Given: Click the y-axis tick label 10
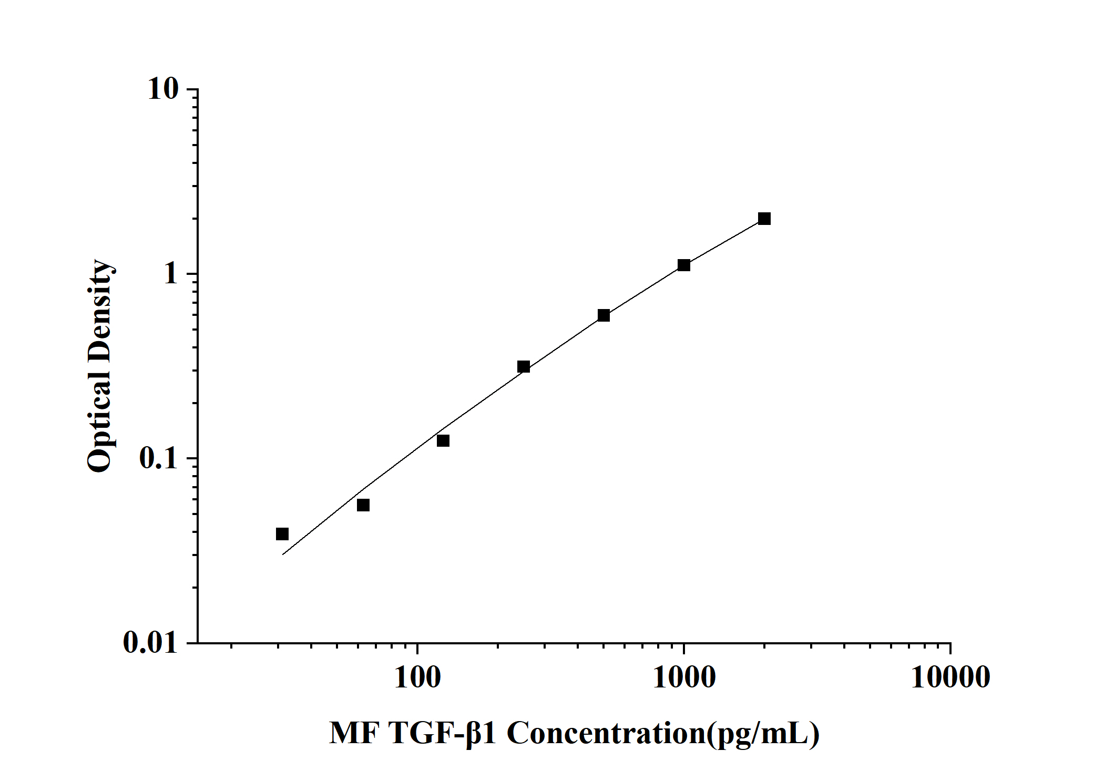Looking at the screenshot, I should pyautogui.click(x=163, y=89).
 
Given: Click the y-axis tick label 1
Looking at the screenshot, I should pyautogui.click(x=171, y=274).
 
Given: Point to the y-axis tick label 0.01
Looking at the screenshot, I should pyautogui.click(x=150, y=642).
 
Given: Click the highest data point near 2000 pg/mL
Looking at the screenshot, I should pyautogui.click(x=764, y=219).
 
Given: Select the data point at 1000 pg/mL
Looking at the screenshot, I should pyautogui.click(x=684, y=265).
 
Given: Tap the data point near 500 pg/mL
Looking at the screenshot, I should pyautogui.click(x=604, y=315).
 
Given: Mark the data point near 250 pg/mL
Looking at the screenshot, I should pyautogui.click(x=524, y=366).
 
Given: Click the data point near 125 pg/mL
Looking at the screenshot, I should pyautogui.click(x=443, y=440).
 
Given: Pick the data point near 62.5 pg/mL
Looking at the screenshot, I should pyautogui.click(x=363, y=505).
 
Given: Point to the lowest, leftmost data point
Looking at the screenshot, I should pyautogui.click(x=282, y=534).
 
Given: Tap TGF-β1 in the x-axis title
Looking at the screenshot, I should pyautogui.click(x=442, y=733).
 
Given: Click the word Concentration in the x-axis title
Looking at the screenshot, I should pyautogui.click(x=606, y=733).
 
